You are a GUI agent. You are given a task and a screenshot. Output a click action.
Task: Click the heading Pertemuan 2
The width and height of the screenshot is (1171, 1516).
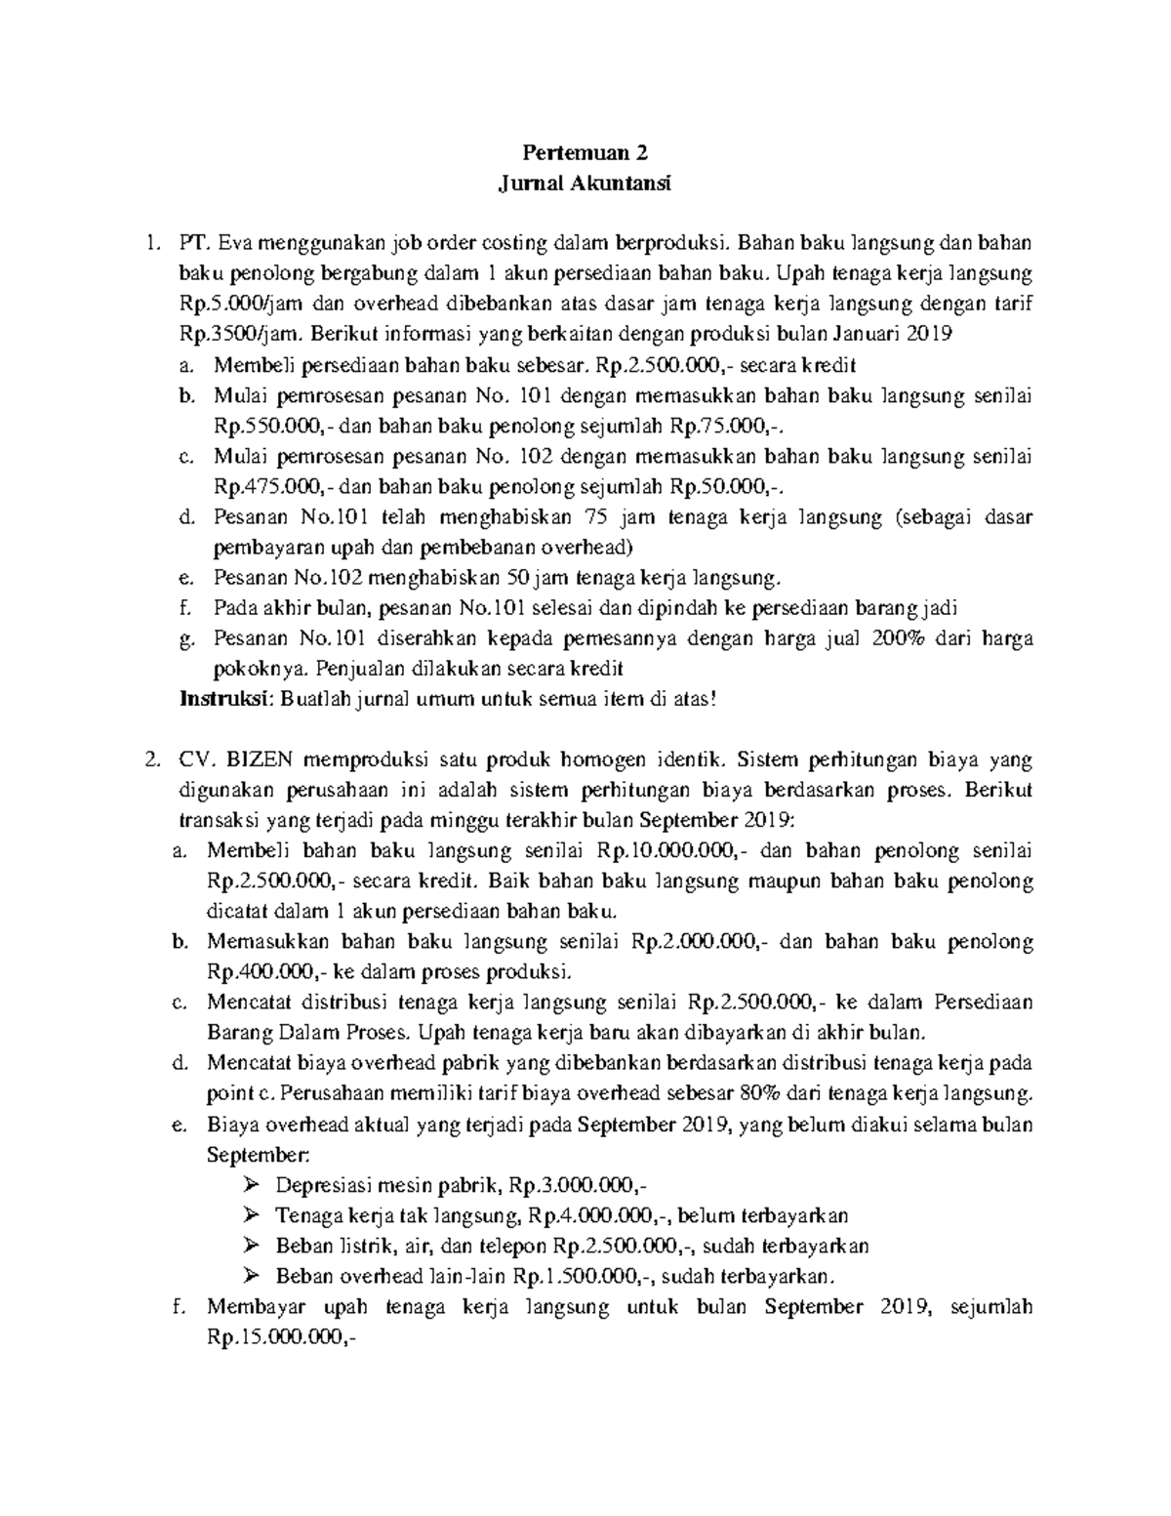pos(585,152)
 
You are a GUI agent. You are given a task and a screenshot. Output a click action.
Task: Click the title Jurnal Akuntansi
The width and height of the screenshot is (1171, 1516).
pos(585,183)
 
